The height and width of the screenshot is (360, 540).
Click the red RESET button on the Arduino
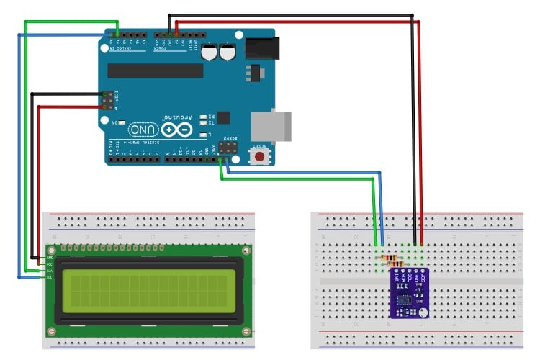click(x=259, y=156)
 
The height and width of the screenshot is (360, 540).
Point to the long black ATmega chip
click(x=156, y=70)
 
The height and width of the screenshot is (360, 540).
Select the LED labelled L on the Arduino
click(x=204, y=135)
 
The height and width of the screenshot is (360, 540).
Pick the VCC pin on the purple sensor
click(x=423, y=274)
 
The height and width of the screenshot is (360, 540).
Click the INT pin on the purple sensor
click(x=396, y=274)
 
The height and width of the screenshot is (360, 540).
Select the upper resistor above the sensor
click(x=389, y=258)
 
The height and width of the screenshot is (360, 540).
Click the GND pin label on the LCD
click(x=50, y=258)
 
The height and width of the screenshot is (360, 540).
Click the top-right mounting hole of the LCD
click(x=246, y=251)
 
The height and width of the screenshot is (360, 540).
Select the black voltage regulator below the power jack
click(x=251, y=73)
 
